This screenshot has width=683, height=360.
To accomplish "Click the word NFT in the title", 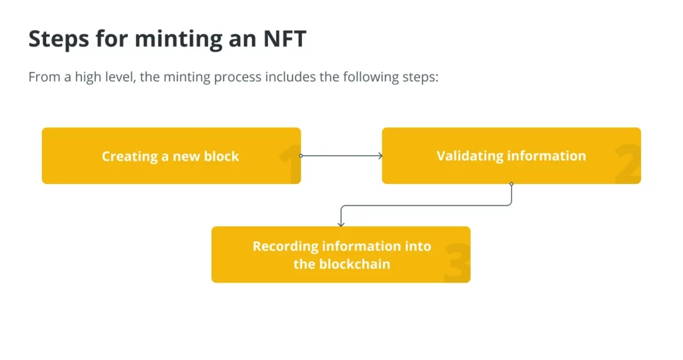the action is [285, 38].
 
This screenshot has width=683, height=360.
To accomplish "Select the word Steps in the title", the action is [59, 39].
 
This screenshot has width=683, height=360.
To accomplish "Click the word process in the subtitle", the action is [238, 77].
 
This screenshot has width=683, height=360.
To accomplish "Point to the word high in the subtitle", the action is [89, 77].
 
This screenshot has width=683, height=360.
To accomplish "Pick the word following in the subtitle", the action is [371, 77].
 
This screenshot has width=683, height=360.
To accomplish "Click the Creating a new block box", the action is [171, 155].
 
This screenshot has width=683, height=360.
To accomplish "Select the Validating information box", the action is [512, 155].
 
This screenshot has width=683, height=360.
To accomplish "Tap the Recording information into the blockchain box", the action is [341, 254].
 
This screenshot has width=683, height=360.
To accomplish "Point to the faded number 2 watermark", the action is [628, 164].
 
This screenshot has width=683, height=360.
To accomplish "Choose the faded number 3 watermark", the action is [458, 263].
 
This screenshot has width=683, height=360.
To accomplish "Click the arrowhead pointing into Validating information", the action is [380, 155].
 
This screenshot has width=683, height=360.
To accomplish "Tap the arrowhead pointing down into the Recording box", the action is [341, 224].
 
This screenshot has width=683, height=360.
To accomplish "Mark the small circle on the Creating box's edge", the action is [301, 155].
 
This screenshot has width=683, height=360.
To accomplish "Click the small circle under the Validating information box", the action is [512, 184].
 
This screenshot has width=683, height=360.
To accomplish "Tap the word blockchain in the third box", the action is [355, 264].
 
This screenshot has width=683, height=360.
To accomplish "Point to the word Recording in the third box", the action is [285, 247].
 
